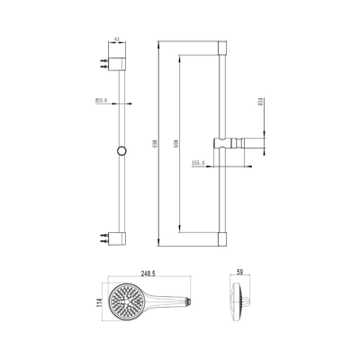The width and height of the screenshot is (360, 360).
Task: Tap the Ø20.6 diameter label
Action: (101, 101)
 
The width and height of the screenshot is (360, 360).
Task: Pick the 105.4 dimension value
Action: (198, 163)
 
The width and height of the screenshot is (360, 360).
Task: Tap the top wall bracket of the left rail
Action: (118, 64)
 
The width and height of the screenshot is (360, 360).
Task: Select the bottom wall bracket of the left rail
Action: (118, 239)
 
